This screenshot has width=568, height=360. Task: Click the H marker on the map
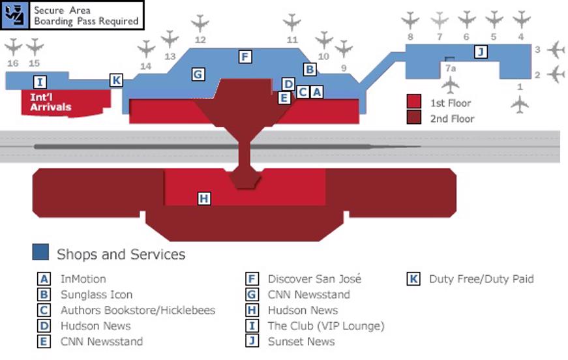point(204,198)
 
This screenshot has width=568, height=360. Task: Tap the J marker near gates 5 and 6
point(481,52)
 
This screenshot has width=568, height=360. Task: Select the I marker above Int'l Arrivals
point(40,82)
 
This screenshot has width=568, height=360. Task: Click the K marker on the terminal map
point(116,80)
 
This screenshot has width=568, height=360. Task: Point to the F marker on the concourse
point(245,57)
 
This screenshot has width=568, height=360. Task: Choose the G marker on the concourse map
point(198,74)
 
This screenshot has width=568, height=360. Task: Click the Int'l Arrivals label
point(51,102)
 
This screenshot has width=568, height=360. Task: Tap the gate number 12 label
point(200,40)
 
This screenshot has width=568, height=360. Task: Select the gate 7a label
point(450,68)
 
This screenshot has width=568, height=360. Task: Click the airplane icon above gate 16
point(13,47)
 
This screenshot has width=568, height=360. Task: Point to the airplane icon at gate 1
point(520,104)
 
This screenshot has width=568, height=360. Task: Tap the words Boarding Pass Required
point(86,21)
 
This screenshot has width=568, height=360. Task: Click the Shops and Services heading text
point(121,254)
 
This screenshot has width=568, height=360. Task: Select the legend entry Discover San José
point(314,279)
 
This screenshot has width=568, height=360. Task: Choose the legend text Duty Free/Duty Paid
point(481,279)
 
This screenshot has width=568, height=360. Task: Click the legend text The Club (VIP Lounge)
point(326,326)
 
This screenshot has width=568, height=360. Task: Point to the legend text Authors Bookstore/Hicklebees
point(138,310)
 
